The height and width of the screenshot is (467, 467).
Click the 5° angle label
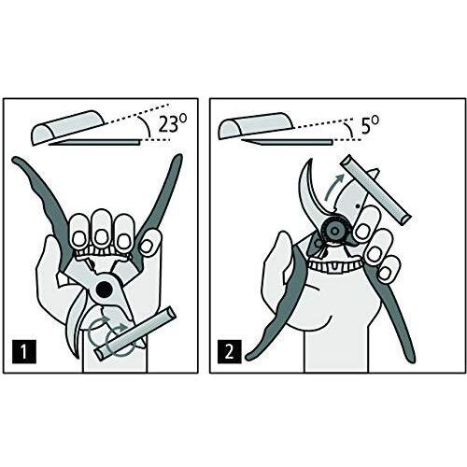[370, 125]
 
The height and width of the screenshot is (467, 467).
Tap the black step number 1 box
[24, 352]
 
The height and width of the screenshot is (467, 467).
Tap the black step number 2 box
[229, 352]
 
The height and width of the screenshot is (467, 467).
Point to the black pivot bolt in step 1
[104, 290]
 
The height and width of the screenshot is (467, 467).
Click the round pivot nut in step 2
[334, 231]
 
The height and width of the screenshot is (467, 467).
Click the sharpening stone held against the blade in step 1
[135, 333]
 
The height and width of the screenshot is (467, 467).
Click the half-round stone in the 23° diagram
[68, 127]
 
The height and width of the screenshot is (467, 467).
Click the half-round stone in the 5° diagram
[256, 125]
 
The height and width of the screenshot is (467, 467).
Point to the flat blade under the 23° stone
[95, 143]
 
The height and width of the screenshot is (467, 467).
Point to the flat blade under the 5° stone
[287, 142]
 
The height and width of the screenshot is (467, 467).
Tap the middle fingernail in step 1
[100, 237]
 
